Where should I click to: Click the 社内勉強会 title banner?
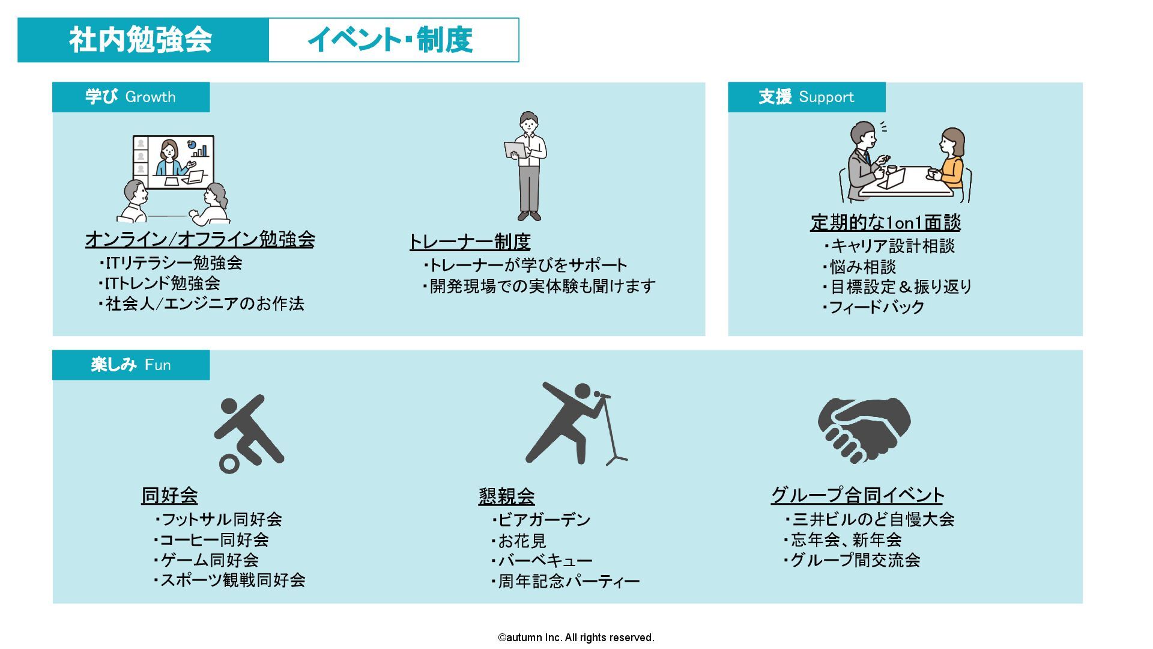click(143, 40)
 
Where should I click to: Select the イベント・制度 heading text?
click(390, 40)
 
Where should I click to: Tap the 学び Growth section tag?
click(131, 97)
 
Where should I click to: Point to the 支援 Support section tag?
click(806, 97)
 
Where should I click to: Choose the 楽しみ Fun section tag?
click(131, 365)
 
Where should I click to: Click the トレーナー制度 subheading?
click(470, 242)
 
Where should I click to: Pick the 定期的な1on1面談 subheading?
click(885, 222)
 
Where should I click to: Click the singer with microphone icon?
click(575, 424)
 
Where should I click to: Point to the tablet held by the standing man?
click(515, 150)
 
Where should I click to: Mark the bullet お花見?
click(518, 541)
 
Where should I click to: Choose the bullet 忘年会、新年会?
click(843, 540)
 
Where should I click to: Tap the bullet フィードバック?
click(873, 307)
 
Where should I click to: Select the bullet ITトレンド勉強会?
click(159, 283)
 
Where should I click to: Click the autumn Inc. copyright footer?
click(576, 638)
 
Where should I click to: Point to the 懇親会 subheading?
click(506, 496)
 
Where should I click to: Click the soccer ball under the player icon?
click(229, 464)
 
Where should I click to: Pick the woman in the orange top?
click(950, 159)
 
